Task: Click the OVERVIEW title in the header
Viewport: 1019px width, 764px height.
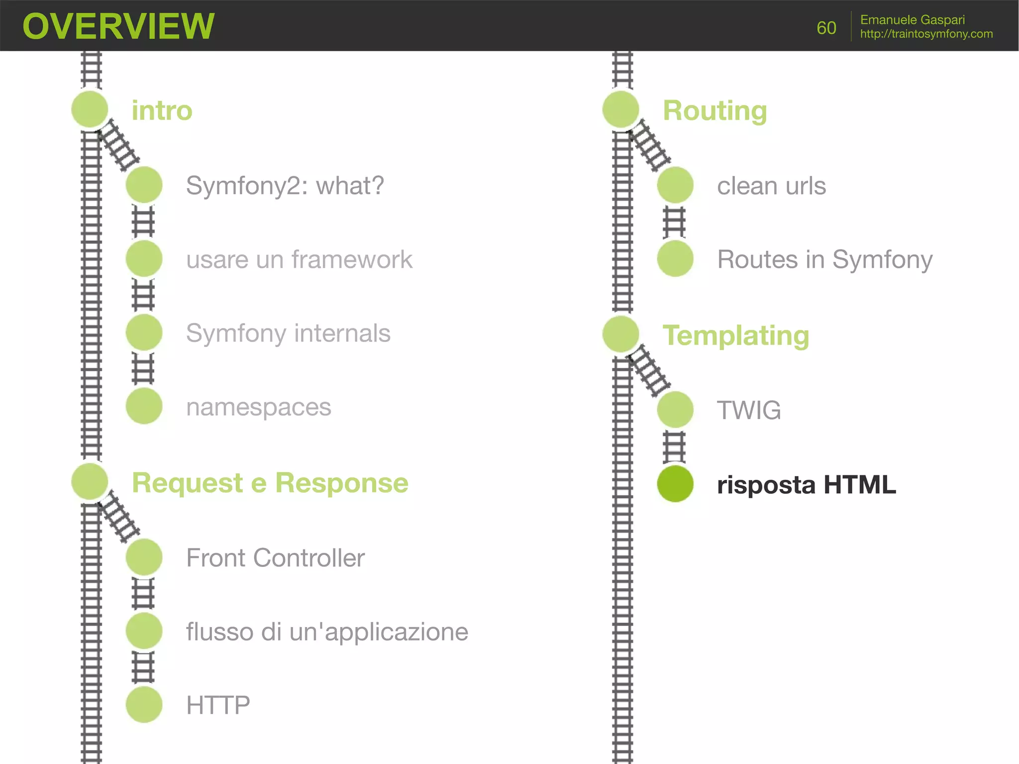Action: tap(118, 26)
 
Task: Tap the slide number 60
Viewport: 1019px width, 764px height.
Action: tap(826, 28)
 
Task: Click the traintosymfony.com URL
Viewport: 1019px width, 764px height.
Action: tap(926, 34)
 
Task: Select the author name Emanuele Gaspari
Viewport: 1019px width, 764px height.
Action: tap(912, 20)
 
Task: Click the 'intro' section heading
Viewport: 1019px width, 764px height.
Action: tap(162, 110)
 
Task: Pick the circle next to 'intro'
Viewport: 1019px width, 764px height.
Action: tap(90, 109)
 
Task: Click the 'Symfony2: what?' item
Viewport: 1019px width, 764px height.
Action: tap(285, 186)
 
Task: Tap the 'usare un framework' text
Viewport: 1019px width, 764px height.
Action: tap(299, 259)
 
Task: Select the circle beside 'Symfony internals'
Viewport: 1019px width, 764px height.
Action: tap(144, 332)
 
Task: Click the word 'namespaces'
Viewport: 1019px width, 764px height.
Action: tap(258, 407)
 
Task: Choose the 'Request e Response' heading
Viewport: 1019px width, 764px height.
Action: tap(270, 483)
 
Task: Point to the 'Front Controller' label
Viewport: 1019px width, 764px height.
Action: tap(275, 557)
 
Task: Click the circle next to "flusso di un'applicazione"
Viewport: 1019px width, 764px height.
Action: tap(144, 631)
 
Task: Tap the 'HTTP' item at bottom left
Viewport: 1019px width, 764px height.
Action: tap(218, 705)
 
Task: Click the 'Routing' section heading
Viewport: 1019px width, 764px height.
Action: tap(714, 110)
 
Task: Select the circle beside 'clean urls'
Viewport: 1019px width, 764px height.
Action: tap(675, 185)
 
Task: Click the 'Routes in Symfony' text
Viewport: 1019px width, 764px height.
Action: tap(824, 259)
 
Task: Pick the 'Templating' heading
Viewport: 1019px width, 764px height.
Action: tap(735, 335)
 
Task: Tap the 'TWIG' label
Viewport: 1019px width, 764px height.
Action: tap(748, 410)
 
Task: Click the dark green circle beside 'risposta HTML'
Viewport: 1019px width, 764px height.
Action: tap(675, 484)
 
